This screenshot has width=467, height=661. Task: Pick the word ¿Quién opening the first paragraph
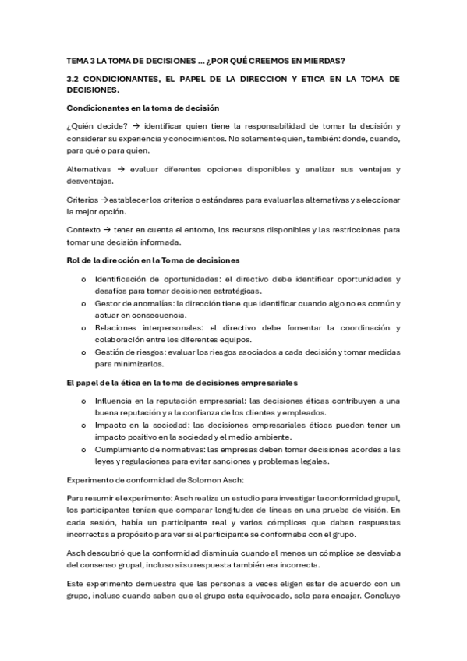pos(80,125)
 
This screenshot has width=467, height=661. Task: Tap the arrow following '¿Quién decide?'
pos(137,125)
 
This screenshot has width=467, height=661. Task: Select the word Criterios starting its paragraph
pos(82,200)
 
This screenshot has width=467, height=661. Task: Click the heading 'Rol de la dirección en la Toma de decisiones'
pos(153,259)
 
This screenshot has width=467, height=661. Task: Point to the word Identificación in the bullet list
pos(121,278)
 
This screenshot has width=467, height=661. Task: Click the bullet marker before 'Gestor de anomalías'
pos(84,303)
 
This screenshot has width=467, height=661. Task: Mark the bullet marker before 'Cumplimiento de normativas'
pos(84,449)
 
